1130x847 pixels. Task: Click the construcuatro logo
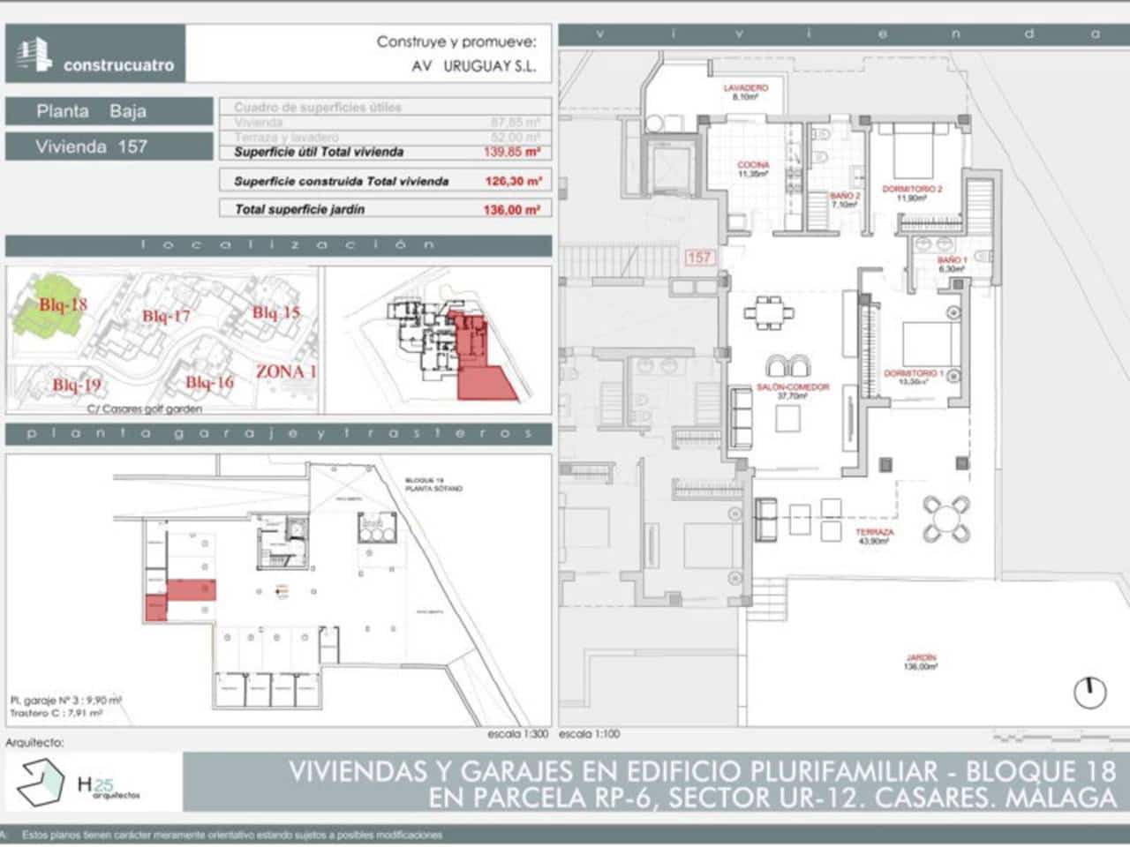pyautogui.click(x=95, y=55)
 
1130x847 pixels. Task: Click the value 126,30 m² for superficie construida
pyautogui.click(x=512, y=181)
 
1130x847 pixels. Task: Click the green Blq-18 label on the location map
pyautogui.click(x=63, y=304)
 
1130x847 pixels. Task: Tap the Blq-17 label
pyautogui.click(x=166, y=316)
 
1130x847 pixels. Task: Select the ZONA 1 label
pyautogui.click(x=286, y=371)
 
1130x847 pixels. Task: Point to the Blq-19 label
pyautogui.click(x=76, y=385)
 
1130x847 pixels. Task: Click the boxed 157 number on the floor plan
pyautogui.click(x=698, y=258)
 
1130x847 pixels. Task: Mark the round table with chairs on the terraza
pyautogui.click(x=946, y=519)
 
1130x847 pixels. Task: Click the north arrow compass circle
pyautogui.click(x=1089, y=693)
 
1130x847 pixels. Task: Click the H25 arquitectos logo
pyautogui.click(x=79, y=782)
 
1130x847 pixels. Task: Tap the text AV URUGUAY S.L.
pyautogui.click(x=474, y=66)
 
